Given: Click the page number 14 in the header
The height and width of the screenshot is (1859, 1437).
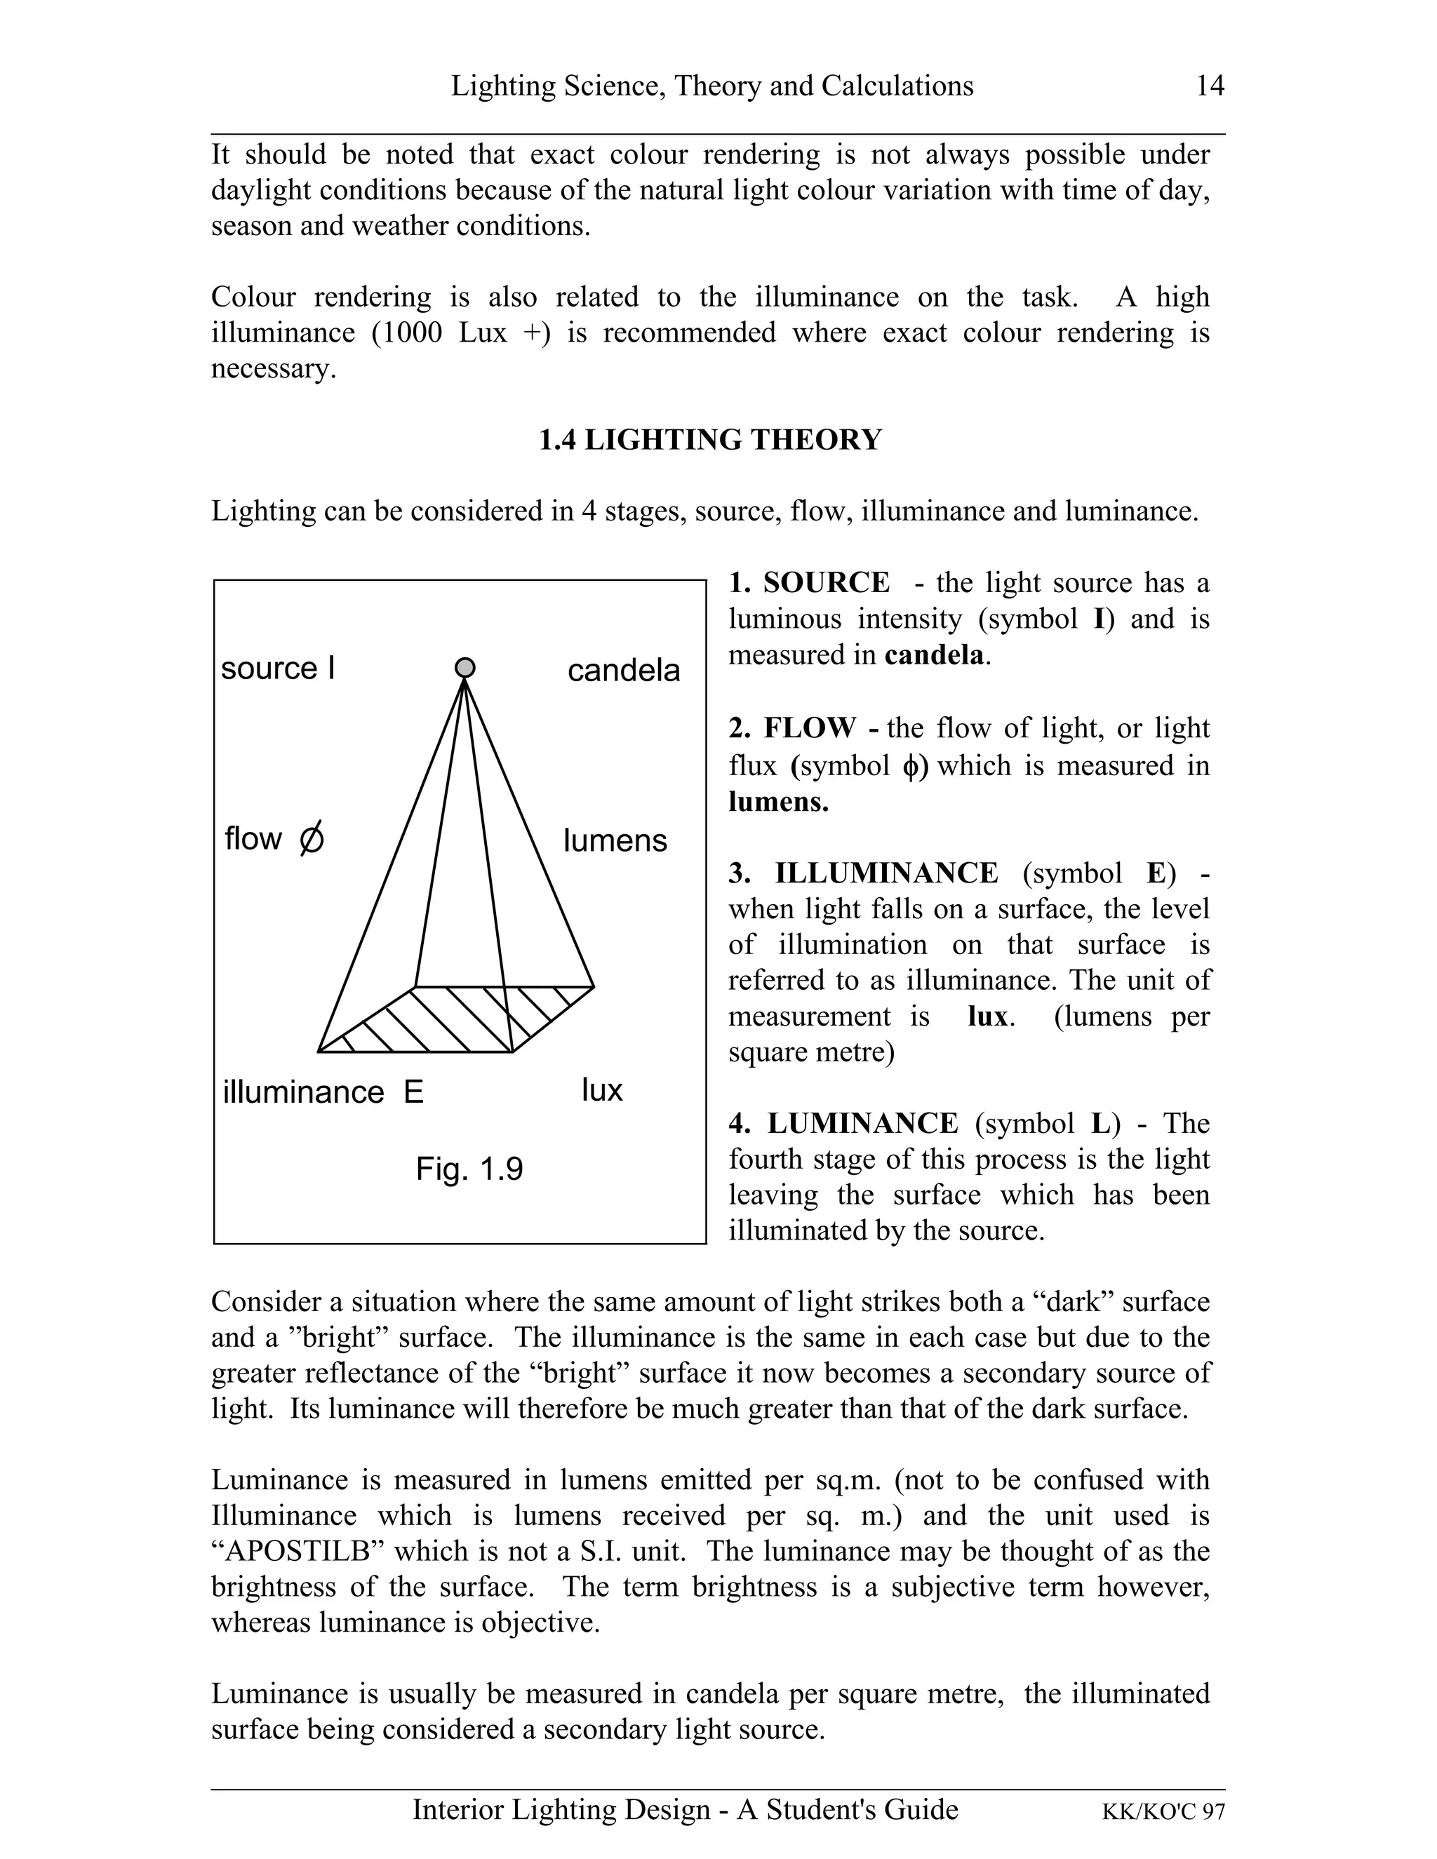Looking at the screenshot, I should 1210,86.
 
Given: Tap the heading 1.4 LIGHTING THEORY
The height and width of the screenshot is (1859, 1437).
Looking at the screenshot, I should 710,440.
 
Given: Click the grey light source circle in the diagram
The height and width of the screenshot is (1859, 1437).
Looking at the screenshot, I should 464,668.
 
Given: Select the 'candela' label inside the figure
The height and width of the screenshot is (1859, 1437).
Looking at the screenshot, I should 624,671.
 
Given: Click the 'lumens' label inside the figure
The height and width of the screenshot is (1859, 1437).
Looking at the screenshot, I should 615,840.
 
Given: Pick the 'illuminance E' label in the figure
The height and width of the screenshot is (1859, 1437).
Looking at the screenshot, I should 323,1092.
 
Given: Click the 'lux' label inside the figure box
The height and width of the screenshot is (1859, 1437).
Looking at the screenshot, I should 602,1090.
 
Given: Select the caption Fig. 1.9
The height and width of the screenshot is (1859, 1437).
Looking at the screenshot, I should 469,1169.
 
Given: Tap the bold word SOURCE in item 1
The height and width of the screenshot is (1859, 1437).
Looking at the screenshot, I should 826,583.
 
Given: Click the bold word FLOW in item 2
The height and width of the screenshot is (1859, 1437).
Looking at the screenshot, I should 810,729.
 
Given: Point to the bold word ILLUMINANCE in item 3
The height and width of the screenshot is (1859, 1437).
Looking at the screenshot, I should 886,873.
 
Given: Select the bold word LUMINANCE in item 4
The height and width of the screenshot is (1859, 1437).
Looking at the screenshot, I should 862,1124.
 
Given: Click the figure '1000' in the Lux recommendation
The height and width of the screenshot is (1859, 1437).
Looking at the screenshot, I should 407,333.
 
